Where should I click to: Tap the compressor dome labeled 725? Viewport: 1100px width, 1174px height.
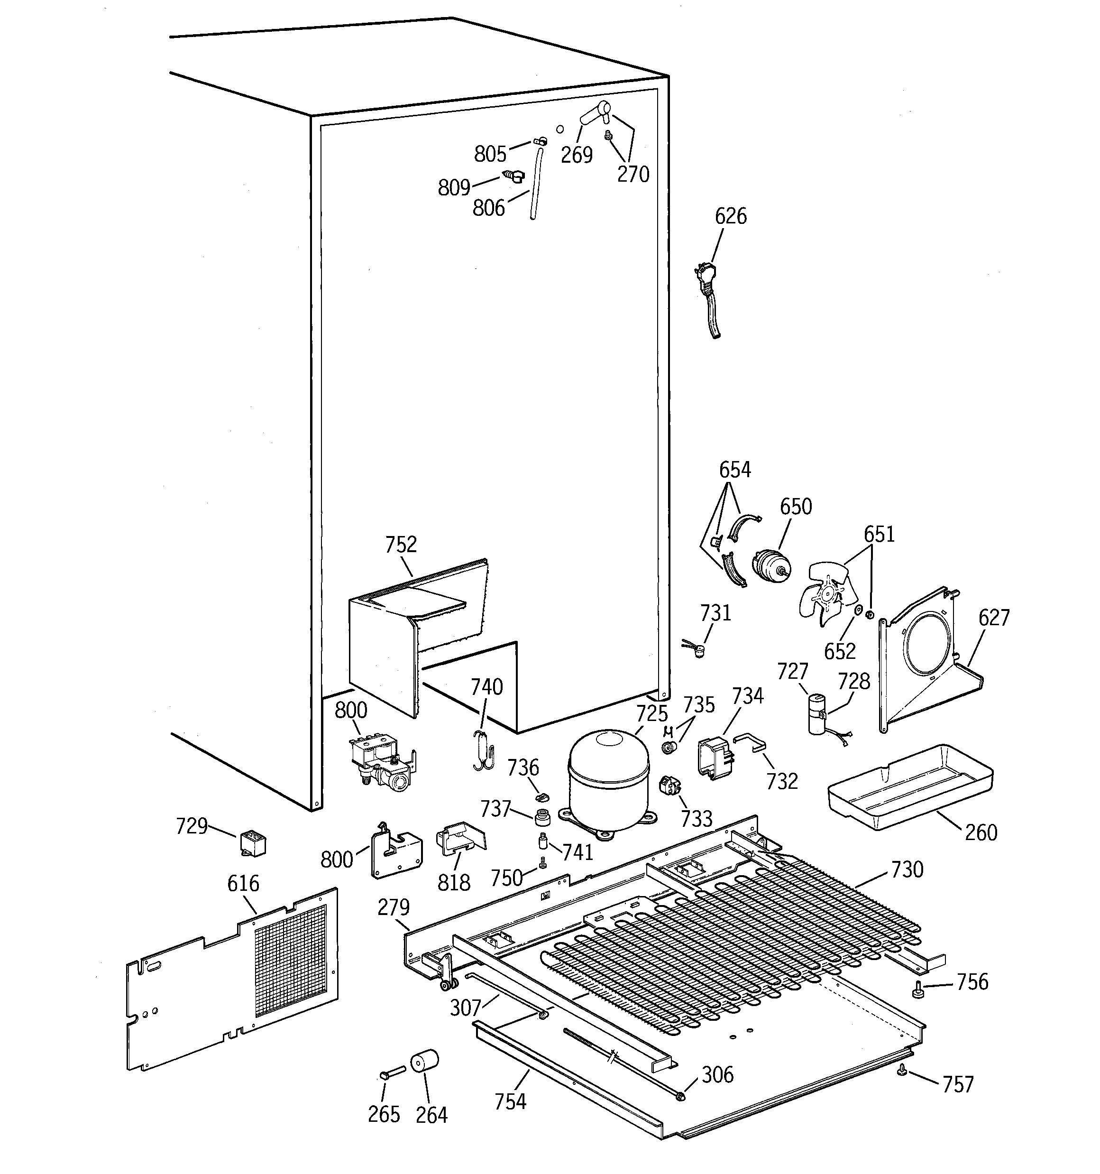608,773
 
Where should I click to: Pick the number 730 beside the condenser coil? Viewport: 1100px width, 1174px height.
907,869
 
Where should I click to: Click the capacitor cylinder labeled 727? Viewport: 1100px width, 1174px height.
817,714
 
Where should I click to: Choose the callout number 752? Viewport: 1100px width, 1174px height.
401,545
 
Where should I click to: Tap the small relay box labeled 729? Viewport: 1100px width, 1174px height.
253,843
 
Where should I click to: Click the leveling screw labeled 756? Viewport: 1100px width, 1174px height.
918,988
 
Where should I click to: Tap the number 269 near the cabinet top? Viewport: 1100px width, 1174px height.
576,155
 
